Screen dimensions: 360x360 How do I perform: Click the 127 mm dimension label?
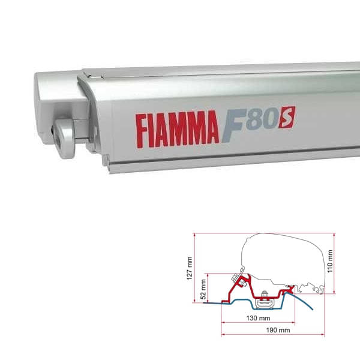tap(190, 266)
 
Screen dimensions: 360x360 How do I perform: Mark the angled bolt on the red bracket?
tap(242, 280)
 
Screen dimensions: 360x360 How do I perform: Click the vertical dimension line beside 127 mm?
tap(196, 266)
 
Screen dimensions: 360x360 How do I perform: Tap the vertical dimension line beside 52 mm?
tap(209, 288)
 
